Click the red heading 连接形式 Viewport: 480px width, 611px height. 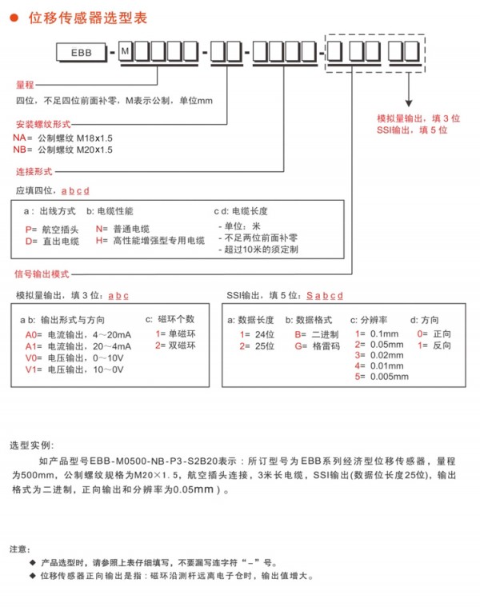click(34, 172)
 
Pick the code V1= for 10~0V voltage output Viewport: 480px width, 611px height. click(32, 370)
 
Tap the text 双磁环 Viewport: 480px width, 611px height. click(182, 346)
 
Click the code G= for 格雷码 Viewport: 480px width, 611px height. click(300, 346)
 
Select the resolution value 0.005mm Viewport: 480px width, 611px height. click(390, 377)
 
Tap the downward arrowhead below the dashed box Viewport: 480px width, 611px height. click(408, 103)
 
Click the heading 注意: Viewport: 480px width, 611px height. click(22, 549)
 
